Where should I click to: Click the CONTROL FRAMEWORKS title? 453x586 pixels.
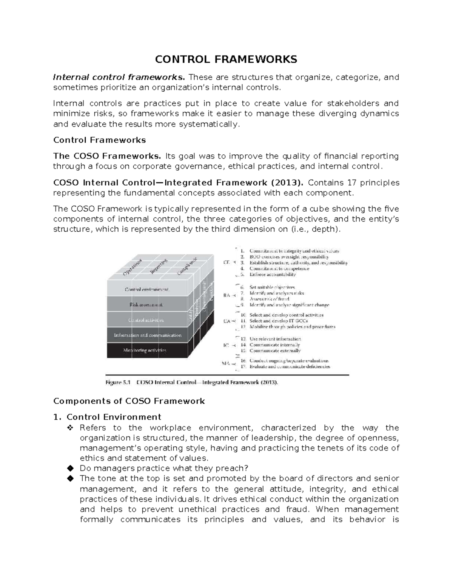tap(226, 59)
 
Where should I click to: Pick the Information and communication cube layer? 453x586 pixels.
tap(148, 335)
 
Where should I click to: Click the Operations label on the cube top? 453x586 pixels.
tap(133, 268)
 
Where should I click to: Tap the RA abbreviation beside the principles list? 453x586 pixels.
tap(227, 295)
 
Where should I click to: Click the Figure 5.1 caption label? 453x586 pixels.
tap(118, 382)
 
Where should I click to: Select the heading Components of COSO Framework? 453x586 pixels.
tap(129, 401)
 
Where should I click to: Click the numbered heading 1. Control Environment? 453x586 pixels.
tap(107, 417)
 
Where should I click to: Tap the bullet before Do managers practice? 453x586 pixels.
tap(69, 469)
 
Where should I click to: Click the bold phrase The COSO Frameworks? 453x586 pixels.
tap(107, 156)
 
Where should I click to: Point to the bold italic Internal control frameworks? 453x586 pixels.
tap(119, 78)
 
